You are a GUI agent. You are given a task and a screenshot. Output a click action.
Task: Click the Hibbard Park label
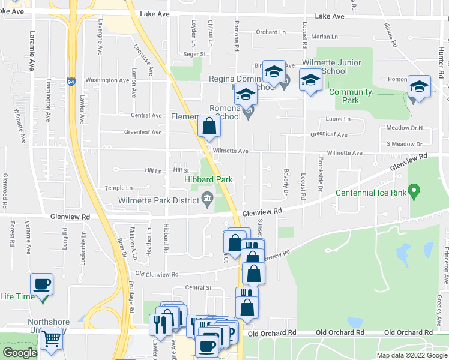(x=208, y=179)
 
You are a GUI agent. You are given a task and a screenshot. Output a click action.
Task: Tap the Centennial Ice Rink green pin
(x=413, y=192)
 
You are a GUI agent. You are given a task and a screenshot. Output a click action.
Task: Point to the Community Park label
(x=350, y=96)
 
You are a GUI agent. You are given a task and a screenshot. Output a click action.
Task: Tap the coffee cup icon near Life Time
(x=42, y=284)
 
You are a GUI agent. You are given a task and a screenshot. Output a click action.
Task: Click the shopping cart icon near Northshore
(x=51, y=339)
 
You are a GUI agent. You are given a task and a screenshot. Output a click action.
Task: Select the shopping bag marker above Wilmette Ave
(x=208, y=127)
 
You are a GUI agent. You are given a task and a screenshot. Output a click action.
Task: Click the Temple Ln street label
(x=118, y=188)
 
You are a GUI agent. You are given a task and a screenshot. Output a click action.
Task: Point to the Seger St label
(x=194, y=54)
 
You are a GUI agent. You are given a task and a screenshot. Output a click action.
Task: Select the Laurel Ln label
(x=338, y=119)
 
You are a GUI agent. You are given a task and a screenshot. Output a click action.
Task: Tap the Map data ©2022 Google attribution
(x=411, y=355)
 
